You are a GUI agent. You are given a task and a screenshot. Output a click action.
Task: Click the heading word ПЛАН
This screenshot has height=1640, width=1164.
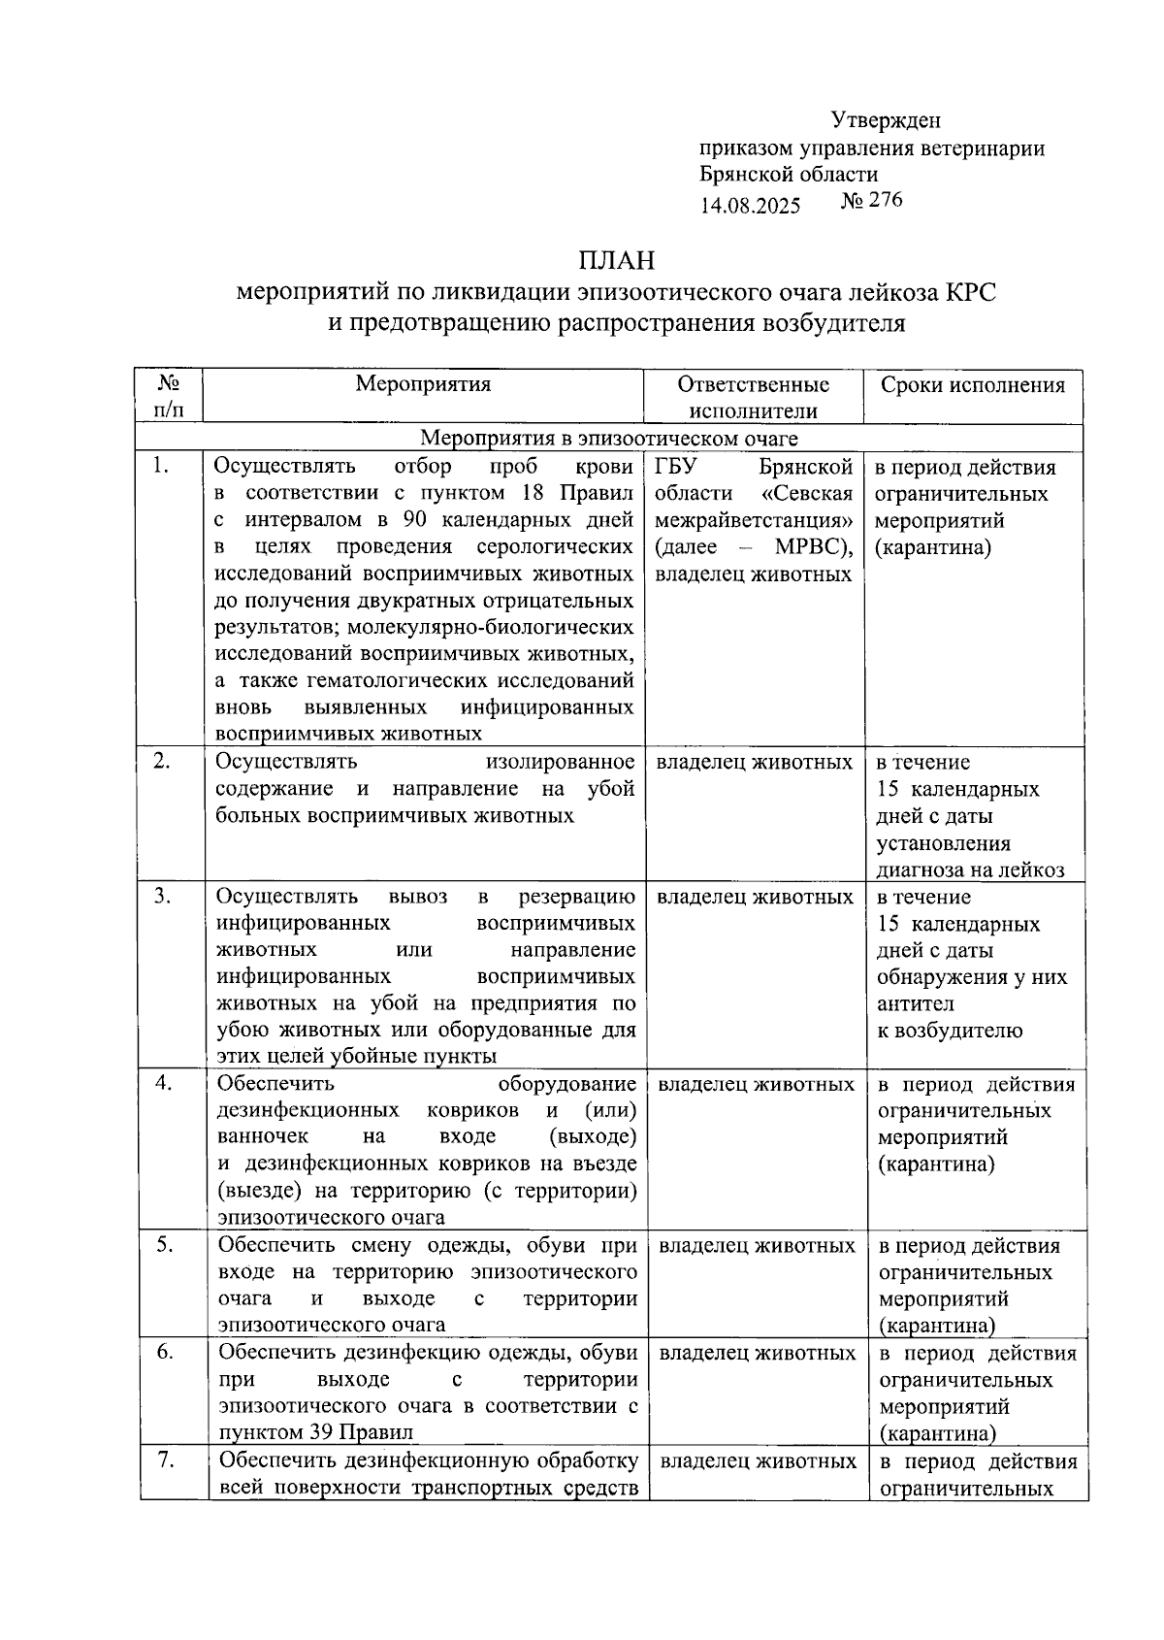click(x=616, y=260)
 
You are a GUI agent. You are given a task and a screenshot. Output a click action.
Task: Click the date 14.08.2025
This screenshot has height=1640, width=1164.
click(x=750, y=205)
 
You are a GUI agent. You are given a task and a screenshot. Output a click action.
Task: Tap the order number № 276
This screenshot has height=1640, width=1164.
click(x=871, y=201)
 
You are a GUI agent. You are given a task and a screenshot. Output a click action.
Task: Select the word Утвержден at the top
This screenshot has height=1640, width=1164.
click(x=886, y=120)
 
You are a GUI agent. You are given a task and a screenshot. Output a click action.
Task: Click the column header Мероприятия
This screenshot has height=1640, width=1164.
click(x=423, y=383)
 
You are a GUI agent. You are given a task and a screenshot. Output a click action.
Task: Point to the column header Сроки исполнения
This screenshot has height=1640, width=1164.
click(x=972, y=384)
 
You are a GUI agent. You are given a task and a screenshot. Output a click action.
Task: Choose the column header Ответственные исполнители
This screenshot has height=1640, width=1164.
click(x=753, y=397)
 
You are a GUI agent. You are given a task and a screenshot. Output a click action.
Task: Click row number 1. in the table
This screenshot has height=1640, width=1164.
click(x=162, y=467)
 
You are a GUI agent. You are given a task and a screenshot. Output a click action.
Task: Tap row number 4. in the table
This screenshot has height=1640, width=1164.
click(x=164, y=1083)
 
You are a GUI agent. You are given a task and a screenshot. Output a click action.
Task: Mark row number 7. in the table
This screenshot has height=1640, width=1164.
click(x=165, y=1460)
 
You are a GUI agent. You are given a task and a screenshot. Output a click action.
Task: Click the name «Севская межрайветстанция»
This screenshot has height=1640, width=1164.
click(x=755, y=508)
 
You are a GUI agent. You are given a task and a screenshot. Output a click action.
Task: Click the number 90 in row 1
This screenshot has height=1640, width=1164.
click(x=417, y=519)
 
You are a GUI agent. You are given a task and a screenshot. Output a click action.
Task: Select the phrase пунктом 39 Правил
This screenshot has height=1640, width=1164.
click(x=315, y=1432)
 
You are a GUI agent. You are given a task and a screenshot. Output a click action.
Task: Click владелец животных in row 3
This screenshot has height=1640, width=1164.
click(x=755, y=898)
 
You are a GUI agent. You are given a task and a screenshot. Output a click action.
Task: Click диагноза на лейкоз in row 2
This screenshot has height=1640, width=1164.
click(x=970, y=870)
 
